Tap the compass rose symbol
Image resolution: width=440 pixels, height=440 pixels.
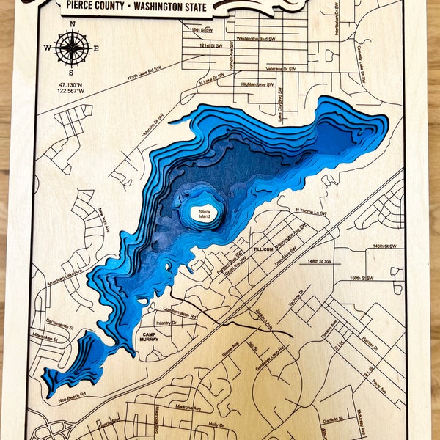click(72, 48)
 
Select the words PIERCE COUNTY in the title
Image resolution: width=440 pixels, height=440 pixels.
click(94, 6)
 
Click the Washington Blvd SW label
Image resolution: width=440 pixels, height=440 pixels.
click(255, 37)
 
